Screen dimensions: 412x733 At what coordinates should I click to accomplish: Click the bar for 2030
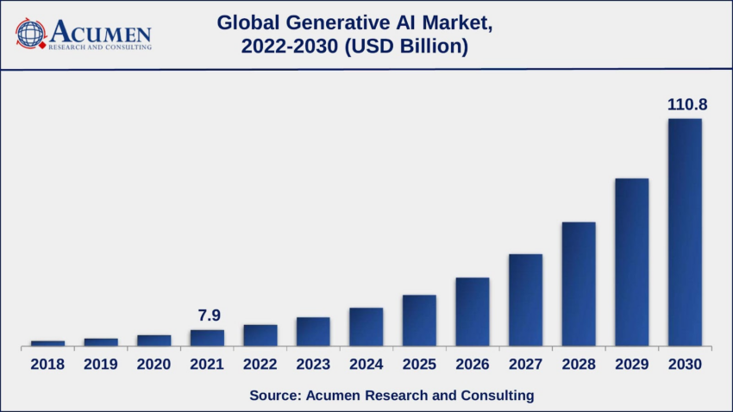click(685, 233)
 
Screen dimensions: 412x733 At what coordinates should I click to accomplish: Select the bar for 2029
click(631, 263)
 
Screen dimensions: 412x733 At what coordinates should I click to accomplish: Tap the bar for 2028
click(579, 284)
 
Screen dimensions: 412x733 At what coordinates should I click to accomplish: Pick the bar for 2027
click(525, 301)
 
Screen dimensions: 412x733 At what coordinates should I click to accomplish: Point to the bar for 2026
click(473, 312)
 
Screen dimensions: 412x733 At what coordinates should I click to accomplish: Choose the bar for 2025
click(419, 321)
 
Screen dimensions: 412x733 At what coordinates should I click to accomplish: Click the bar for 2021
click(207, 338)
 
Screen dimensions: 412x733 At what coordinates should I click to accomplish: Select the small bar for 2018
click(47, 343)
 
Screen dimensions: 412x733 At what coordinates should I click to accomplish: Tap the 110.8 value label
click(686, 104)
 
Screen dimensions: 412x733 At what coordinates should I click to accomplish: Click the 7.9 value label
click(208, 315)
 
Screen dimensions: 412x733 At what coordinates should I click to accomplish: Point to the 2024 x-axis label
click(366, 365)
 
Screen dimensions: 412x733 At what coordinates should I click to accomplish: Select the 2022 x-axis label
click(260, 365)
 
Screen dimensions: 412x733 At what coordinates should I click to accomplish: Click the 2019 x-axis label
click(101, 365)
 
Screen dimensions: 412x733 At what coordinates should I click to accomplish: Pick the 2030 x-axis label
click(685, 365)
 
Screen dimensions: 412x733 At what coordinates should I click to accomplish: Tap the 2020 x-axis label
click(153, 365)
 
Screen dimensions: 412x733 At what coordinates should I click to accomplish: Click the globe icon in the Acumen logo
click(30, 34)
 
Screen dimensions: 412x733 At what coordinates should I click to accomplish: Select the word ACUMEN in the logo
click(100, 32)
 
